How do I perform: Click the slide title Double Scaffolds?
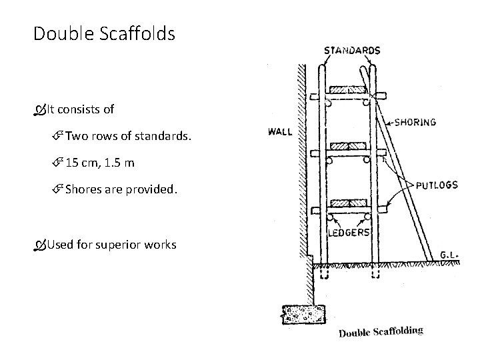tap(104, 33)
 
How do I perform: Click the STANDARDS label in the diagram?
tap(352, 50)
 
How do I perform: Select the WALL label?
tap(280, 131)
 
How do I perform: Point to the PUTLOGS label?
tap(437, 185)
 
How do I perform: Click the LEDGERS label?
tap(349, 232)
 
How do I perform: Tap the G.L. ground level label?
tap(448, 254)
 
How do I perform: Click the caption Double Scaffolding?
tap(381, 331)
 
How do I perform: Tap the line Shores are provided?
tap(122, 189)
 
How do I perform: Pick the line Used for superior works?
tap(111, 245)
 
